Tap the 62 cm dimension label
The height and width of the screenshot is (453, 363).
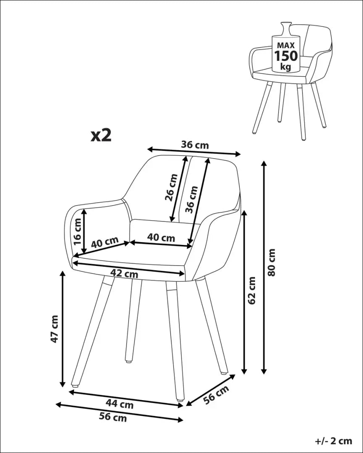(252, 290)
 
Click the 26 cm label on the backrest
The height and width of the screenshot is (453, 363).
(171, 187)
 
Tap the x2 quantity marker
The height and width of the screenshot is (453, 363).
(101, 135)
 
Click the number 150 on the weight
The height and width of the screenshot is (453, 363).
(286, 55)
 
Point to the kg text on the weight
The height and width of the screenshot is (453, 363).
(286, 67)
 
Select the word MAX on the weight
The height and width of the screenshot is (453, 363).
(286, 44)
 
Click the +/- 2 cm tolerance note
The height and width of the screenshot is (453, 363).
(333, 440)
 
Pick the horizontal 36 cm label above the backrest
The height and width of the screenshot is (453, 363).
(195, 145)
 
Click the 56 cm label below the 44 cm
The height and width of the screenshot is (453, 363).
(113, 417)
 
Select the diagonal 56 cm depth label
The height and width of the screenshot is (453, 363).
(217, 395)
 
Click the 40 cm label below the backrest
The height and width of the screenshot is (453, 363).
(161, 238)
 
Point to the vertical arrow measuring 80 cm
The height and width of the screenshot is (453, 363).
(264, 267)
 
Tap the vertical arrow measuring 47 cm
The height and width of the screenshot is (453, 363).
(63, 329)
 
